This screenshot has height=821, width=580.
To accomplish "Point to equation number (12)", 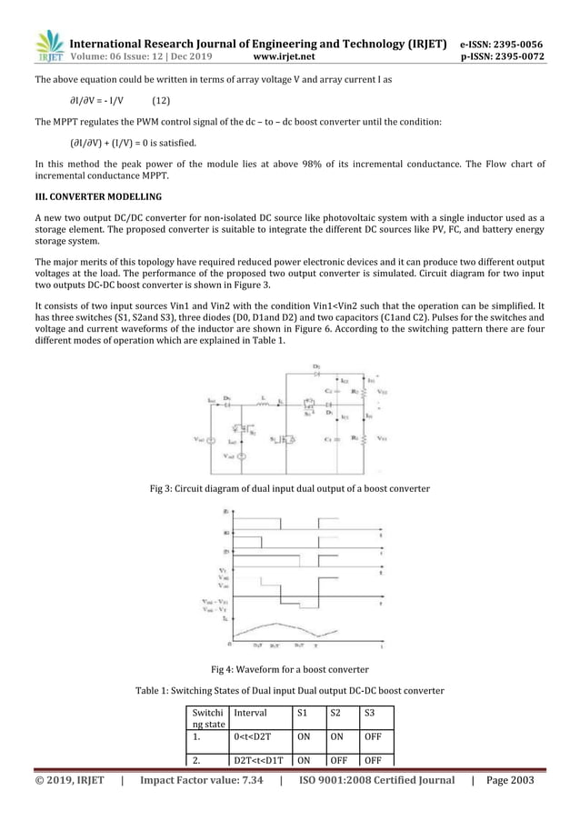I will [165, 100].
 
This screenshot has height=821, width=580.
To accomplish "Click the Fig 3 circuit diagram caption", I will [289, 490].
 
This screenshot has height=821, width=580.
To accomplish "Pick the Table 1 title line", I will [289, 691].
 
